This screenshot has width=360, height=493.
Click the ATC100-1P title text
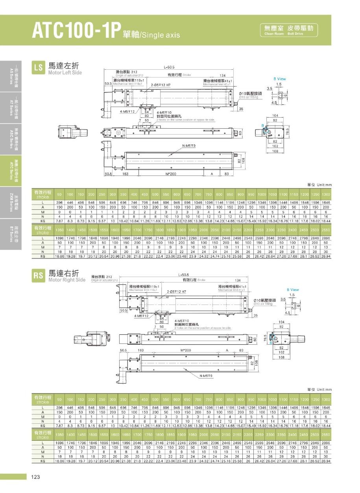76,30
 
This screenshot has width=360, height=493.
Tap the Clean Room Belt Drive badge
289,30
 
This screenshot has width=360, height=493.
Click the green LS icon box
39,67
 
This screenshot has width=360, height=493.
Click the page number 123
35,477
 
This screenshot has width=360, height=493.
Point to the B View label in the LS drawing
280,79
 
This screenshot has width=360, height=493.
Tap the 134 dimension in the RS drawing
237,280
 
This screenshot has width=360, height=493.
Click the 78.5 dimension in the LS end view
299,130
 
